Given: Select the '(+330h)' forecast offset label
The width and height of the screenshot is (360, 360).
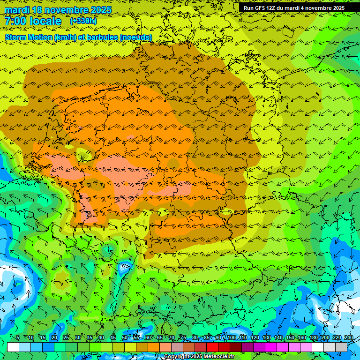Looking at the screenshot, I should click(83, 21).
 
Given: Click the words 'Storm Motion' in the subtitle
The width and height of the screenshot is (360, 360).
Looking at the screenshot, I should click(29, 37).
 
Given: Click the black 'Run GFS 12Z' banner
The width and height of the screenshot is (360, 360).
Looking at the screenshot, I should click(294, 8).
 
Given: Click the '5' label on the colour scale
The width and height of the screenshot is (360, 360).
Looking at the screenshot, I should click(18, 338).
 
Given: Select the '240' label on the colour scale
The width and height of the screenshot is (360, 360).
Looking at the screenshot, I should click(349, 338).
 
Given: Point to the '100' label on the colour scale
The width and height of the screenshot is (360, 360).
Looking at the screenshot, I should click(232, 338).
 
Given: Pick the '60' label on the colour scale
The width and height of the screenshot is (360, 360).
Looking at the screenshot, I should click(148, 338).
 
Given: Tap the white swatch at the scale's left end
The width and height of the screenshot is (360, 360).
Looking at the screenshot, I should click(13, 347).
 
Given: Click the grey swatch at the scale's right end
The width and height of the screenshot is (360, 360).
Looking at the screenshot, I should click(341, 347).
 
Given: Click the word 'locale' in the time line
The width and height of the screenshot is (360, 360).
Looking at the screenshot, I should click(46, 21).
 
